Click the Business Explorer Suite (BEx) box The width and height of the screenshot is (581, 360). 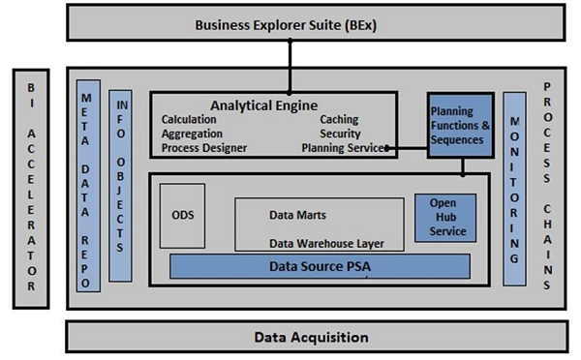click(x=288, y=24)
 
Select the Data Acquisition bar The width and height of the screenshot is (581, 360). click(x=311, y=337)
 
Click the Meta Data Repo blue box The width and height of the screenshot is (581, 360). click(x=88, y=185)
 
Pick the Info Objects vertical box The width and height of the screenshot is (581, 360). click(x=121, y=185)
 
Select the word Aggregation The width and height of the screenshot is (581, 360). click(x=193, y=134)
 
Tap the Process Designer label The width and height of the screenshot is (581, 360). click(x=204, y=148)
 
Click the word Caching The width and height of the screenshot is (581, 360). click(x=340, y=120)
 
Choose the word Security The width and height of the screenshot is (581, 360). click(x=340, y=134)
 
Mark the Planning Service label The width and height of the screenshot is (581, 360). click(x=342, y=148)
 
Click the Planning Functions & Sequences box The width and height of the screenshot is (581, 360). click(x=461, y=126)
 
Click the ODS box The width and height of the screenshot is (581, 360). click(x=182, y=215)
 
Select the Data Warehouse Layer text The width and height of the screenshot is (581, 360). click(x=325, y=243)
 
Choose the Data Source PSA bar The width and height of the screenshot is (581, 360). click(x=320, y=265)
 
